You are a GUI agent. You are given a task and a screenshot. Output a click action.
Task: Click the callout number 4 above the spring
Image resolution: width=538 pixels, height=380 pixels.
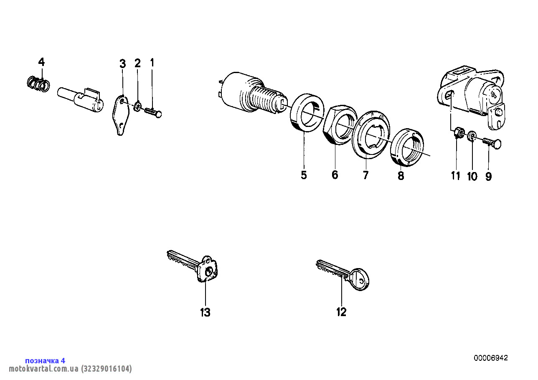(x=41, y=62)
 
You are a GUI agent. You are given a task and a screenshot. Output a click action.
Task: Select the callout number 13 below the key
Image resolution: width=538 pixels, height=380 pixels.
(x=205, y=312)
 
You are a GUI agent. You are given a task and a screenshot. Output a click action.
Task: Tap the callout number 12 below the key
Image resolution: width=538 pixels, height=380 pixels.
(x=341, y=312)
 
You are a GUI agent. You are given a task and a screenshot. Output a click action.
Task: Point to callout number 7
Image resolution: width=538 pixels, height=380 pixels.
(x=365, y=175)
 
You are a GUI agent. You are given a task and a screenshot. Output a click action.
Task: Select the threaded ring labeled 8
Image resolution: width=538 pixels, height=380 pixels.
(x=407, y=147)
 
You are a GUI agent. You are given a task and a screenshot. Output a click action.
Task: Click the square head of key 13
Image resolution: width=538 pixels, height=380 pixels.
(x=208, y=270)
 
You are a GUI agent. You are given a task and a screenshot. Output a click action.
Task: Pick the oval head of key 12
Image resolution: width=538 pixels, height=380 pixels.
(x=359, y=279)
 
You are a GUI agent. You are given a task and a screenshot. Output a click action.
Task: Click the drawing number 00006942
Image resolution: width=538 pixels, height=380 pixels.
(x=491, y=358)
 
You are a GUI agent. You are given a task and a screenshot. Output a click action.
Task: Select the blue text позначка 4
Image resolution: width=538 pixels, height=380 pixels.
(x=45, y=360)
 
